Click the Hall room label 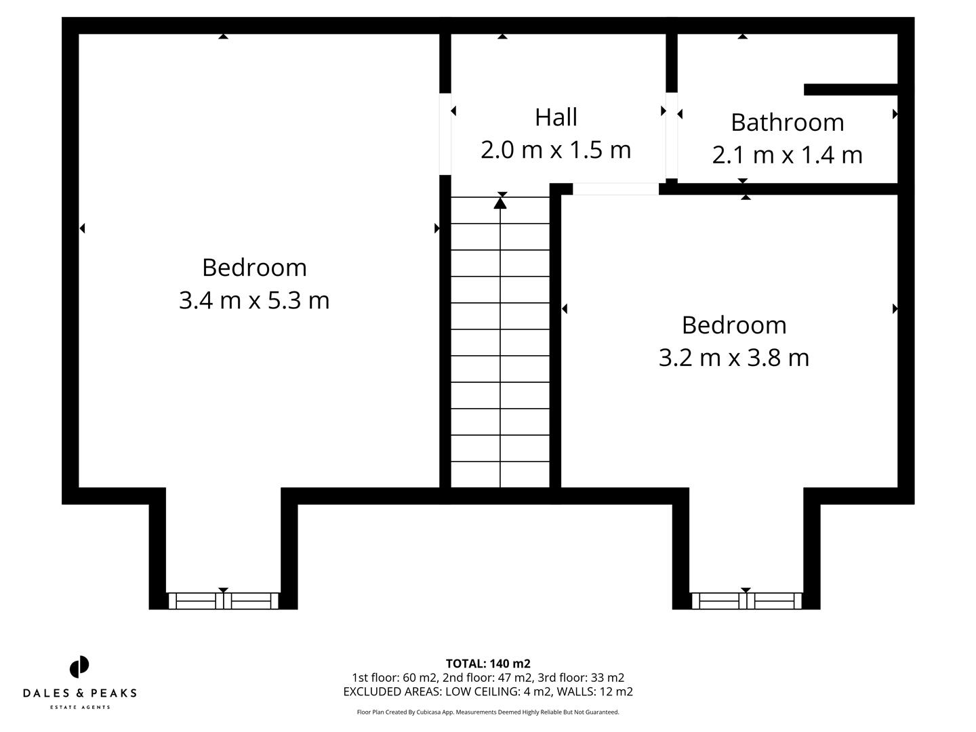click(x=556, y=117)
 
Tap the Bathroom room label click(x=787, y=123)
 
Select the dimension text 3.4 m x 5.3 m click(x=254, y=300)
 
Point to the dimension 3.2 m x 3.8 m click(x=734, y=357)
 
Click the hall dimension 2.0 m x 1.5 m click(x=556, y=150)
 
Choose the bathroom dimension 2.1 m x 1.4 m click(x=787, y=155)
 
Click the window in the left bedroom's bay click(x=223, y=601)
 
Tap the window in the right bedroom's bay click(x=746, y=601)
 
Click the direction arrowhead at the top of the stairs click(x=500, y=201)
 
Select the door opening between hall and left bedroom click(x=445, y=134)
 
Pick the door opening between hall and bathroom click(x=671, y=135)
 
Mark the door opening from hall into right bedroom click(x=615, y=189)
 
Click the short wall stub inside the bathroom click(x=850, y=89)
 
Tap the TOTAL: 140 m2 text click(x=488, y=664)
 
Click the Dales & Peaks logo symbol click(x=79, y=667)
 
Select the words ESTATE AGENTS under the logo click(x=79, y=708)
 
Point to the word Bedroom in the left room click(x=254, y=268)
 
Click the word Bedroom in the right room click(x=734, y=325)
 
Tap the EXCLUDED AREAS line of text click(x=488, y=692)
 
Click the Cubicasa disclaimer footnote click(x=488, y=712)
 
